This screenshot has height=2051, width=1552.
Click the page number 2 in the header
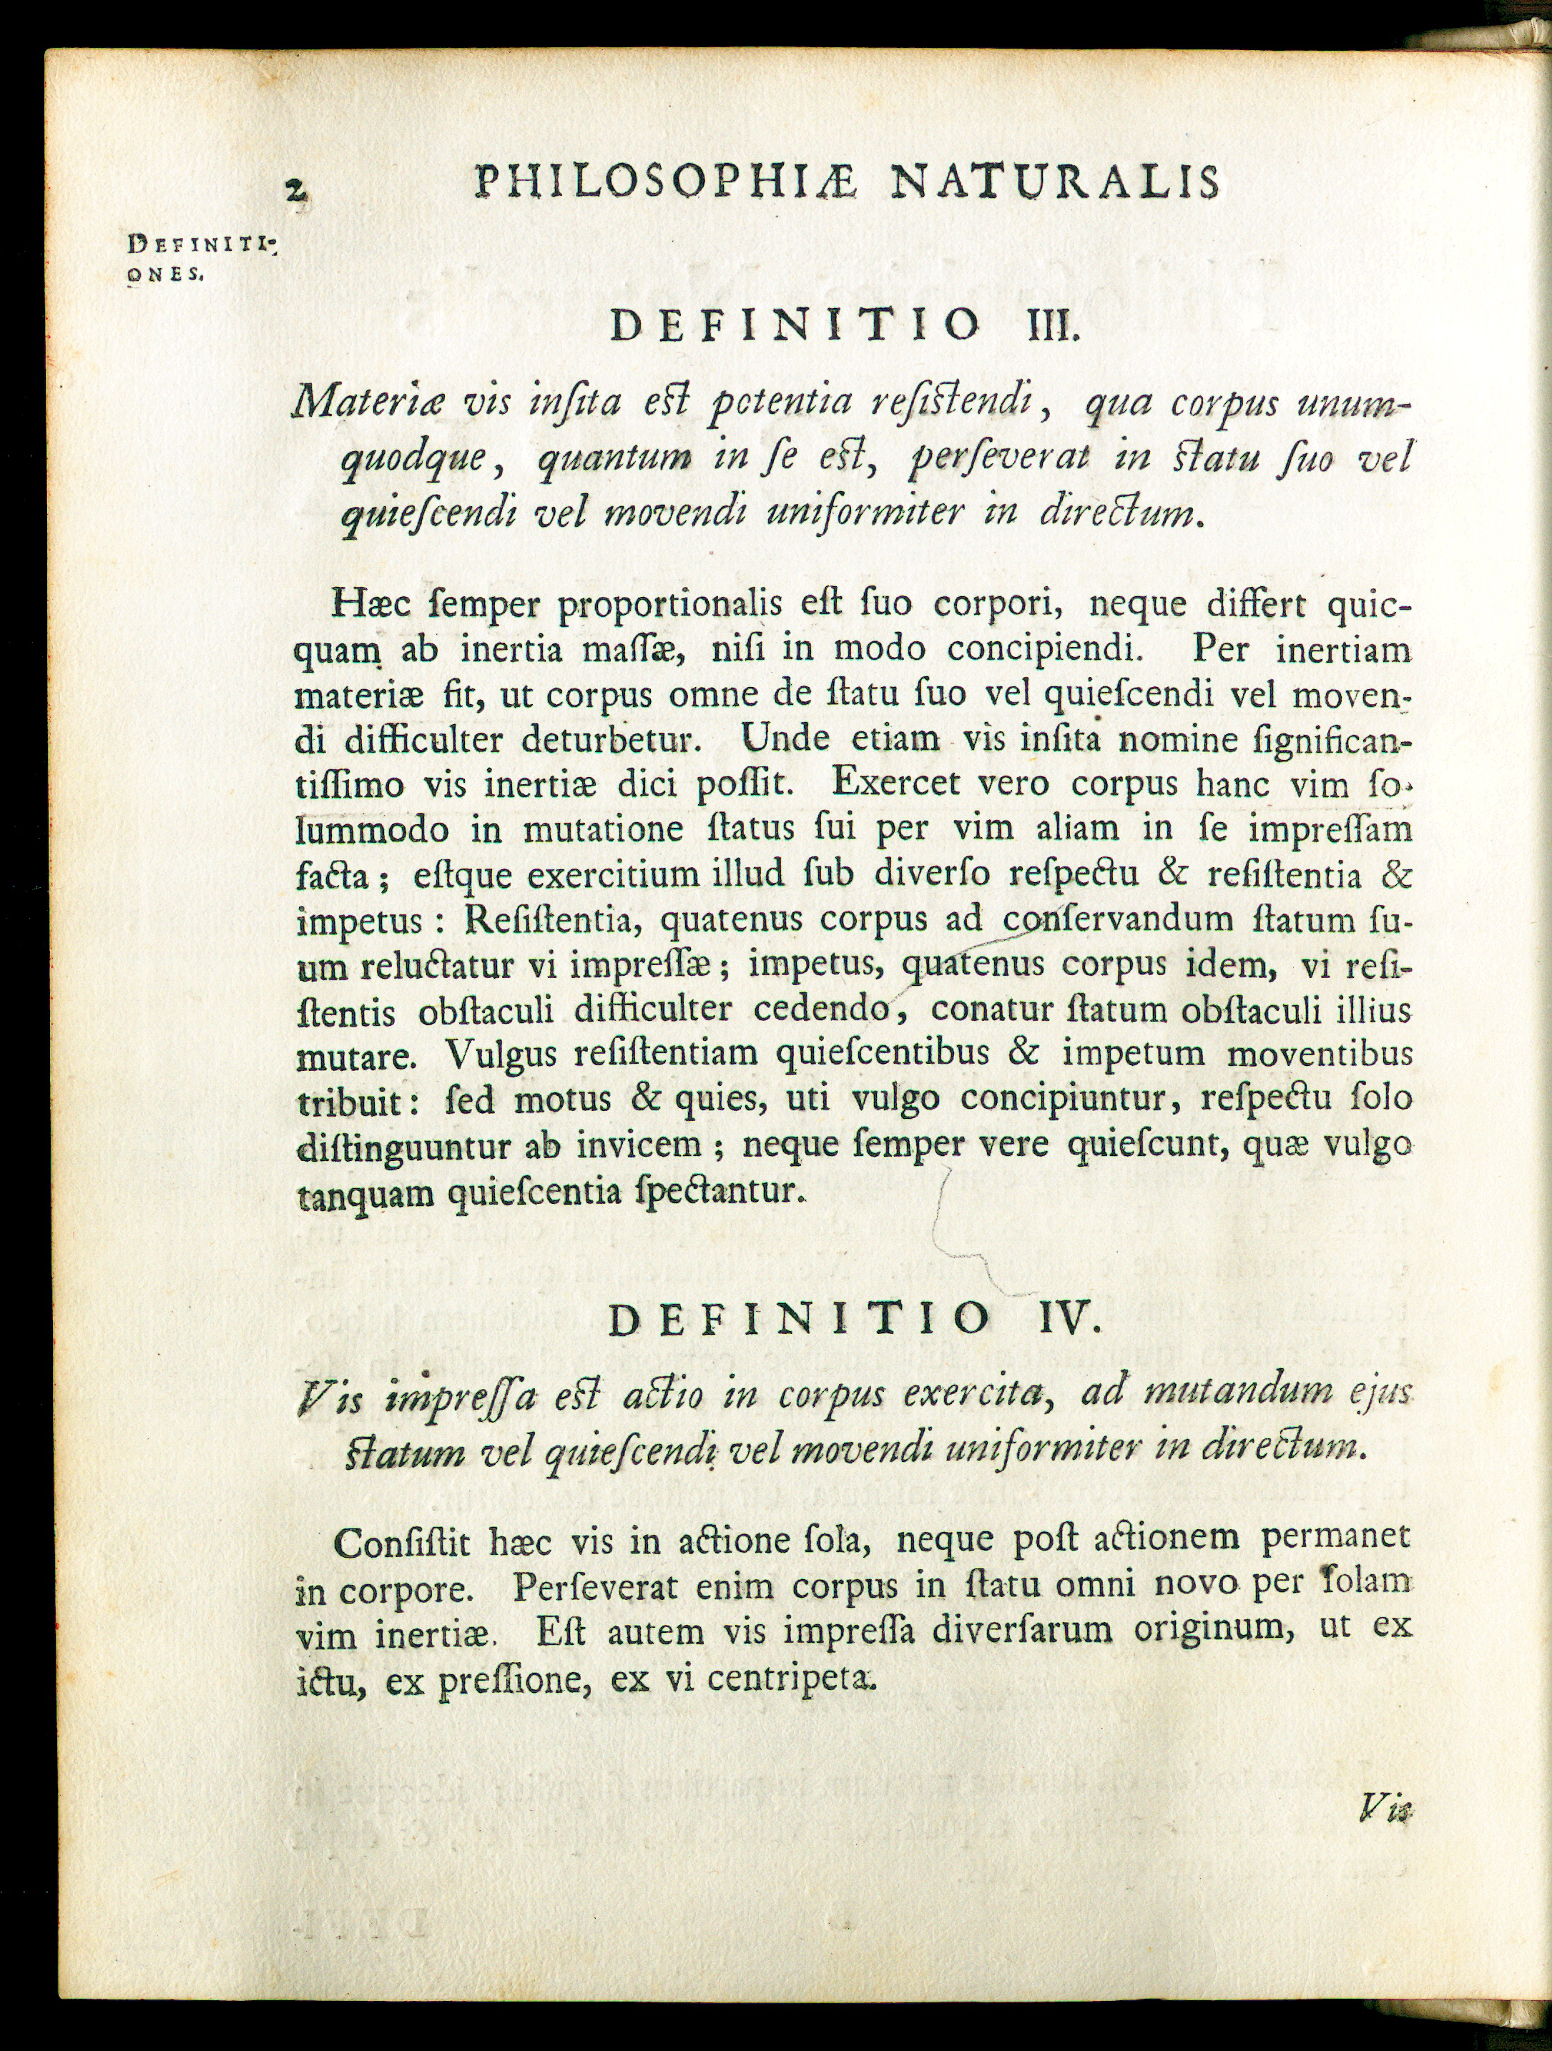click(x=296, y=191)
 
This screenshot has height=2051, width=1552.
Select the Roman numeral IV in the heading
click(x=1070, y=1318)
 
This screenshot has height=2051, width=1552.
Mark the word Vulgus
click(x=499, y=1054)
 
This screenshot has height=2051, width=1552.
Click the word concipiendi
click(x=1041, y=648)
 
